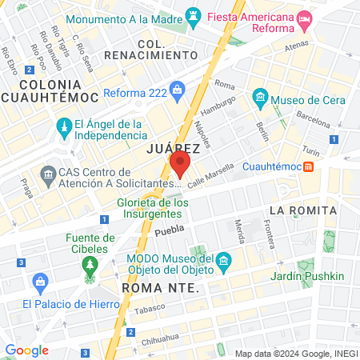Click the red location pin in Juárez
[x=180, y=165]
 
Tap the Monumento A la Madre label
[x=124, y=18]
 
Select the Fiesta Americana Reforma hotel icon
[x=304, y=18]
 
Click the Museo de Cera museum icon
[x=259, y=100]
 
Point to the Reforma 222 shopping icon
[x=178, y=92]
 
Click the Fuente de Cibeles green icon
[x=90, y=265]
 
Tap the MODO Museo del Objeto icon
[x=224, y=262]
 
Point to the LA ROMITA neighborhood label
[x=300, y=210]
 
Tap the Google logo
[x=26, y=350]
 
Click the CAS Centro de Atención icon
[x=46, y=174]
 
